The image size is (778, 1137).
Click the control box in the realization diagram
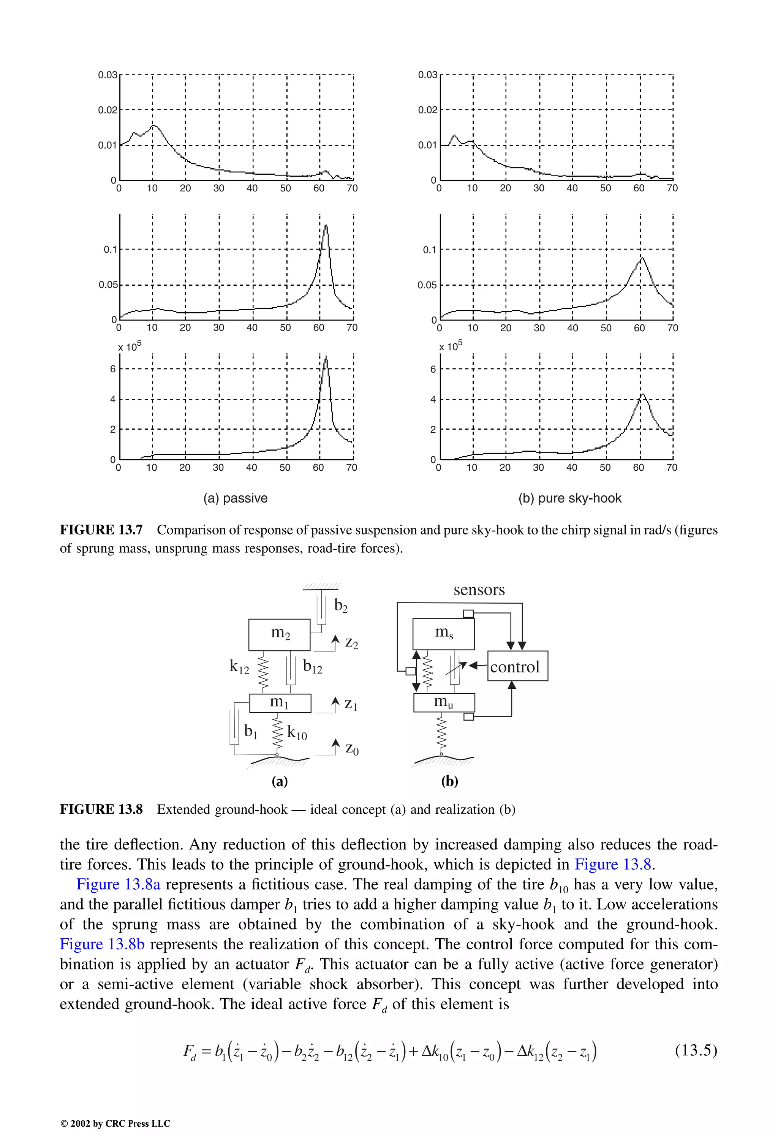[x=517, y=666]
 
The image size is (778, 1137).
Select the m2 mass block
[x=279, y=634]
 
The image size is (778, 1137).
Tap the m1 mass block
[x=280, y=703]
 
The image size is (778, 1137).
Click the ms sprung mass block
[x=443, y=634]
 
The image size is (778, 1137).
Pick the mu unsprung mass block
[x=444, y=702]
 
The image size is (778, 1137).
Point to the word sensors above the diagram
[x=479, y=590]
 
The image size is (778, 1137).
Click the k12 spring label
[x=239, y=666]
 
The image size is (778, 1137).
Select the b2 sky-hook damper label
[x=340, y=606]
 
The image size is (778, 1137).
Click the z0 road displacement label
[x=351, y=748]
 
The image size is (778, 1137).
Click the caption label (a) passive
[x=236, y=498]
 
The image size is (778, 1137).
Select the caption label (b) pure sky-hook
[x=569, y=498]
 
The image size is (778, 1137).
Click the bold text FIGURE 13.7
[x=101, y=530]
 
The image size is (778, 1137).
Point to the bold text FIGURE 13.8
[x=101, y=809]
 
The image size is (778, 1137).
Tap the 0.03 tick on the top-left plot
[x=108, y=75]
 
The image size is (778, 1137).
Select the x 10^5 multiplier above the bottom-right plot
[x=450, y=346]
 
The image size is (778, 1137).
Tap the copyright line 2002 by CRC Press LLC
[x=115, y=1123]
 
